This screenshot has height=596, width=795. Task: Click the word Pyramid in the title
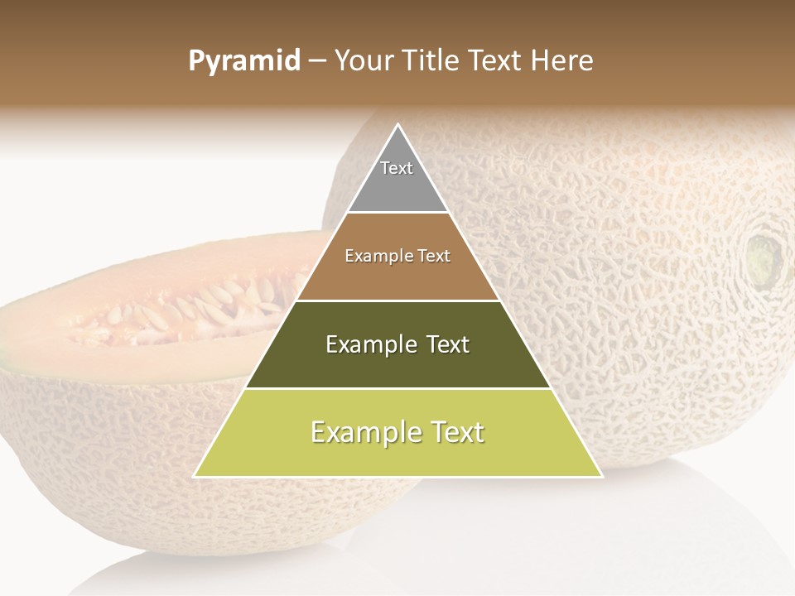tap(244, 61)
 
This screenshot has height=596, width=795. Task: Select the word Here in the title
tap(562, 60)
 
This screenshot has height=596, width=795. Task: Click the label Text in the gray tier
tap(397, 168)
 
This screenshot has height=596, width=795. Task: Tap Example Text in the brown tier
tap(397, 256)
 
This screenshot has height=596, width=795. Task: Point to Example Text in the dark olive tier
tap(397, 344)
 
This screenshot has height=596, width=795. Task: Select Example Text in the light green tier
tap(397, 432)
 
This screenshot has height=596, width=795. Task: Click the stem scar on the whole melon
tap(764, 257)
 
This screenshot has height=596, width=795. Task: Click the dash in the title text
tap(317, 61)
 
